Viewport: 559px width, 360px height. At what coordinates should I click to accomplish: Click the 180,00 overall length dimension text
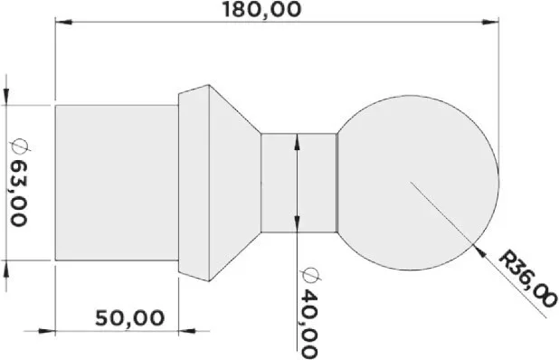(x=261, y=10)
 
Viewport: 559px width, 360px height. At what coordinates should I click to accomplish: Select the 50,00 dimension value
(x=129, y=318)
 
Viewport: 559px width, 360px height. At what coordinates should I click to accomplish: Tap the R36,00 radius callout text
(x=527, y=279)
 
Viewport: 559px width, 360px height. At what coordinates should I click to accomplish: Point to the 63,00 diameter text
(x=18, y=193)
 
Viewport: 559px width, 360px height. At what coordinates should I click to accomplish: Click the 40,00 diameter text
(x=308, y=324)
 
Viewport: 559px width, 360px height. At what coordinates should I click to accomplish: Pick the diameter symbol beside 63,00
(x=20, y=146)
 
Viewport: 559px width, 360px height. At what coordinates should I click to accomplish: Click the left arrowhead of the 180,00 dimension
(x=63, y=22)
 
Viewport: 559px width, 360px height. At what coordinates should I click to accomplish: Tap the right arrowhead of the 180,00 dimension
(x=490, y=22)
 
